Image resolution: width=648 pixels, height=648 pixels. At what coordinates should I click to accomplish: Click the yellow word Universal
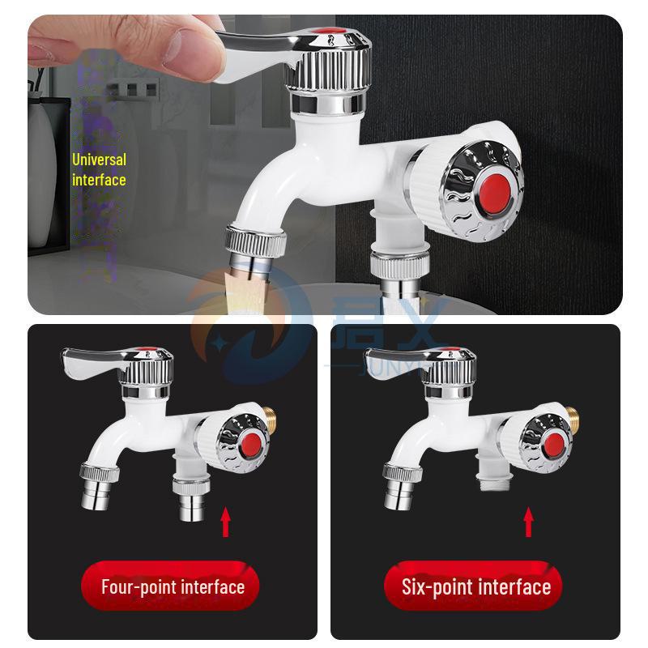click(99, 160)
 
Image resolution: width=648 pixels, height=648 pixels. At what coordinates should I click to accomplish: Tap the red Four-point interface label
click(173, 586)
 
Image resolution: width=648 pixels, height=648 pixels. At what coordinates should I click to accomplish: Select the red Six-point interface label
click(476, 586)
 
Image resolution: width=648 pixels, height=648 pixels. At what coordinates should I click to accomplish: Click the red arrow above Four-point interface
click(226, 522)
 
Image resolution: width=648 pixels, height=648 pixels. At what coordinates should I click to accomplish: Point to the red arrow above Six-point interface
click(529, 522)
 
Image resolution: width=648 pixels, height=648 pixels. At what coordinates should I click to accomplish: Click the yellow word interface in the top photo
click(99, 180)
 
